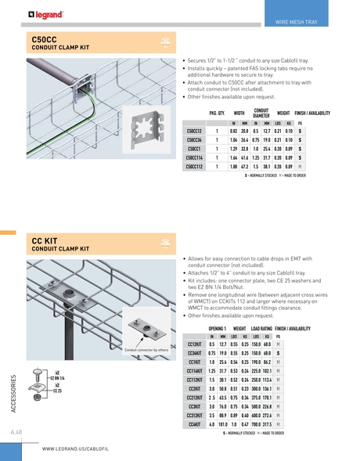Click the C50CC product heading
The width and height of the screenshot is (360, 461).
click(x=45, y=39)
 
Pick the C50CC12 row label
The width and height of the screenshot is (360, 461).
click(x=196, y=131)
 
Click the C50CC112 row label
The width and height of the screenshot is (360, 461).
click(x=196, y=167)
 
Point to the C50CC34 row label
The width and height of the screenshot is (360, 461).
click(x=196, y=139)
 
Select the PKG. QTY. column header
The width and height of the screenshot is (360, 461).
click(x=217, y=113)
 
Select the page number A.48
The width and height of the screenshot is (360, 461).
click(x=16, y=431)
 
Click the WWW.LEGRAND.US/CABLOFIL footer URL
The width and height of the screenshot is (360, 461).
click(x=80, y=449)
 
